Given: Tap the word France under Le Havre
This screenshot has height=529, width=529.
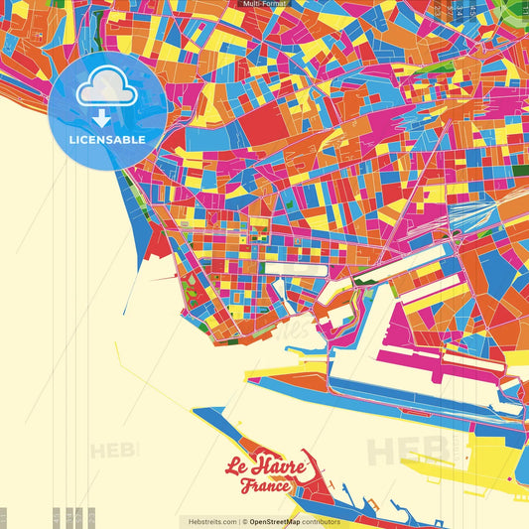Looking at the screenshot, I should (266, 486).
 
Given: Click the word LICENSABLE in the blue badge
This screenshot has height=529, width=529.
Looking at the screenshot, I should (107, 139).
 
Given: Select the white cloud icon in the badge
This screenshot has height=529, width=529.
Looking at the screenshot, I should (107, 89).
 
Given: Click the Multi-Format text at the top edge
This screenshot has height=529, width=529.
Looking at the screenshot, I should (264, 4).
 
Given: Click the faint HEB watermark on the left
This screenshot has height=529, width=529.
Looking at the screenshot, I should (114, 451).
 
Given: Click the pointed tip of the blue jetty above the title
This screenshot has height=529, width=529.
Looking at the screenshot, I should (196, 409).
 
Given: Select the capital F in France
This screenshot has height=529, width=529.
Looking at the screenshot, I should (246, 486).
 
